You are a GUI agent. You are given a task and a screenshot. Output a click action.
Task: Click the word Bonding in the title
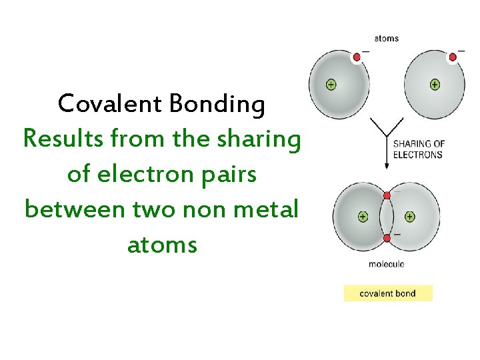coord(217,104)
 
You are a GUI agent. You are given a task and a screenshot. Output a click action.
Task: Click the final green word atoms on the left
coord(162,245)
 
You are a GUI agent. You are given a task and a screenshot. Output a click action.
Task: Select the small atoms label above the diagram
coord(387,38)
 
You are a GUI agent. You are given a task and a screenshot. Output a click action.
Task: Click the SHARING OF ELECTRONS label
coord(418,149)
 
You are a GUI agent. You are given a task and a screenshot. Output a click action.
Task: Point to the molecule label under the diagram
coord(387,264)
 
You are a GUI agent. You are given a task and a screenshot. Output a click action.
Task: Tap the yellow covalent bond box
coord(388,293)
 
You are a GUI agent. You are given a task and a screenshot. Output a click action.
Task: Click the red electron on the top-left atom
coord(357,57)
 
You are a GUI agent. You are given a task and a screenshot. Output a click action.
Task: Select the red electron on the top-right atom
coord(453,57)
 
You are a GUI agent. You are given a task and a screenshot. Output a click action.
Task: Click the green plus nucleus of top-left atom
coord(331,85)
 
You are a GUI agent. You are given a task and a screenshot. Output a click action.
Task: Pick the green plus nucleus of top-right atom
coord(435,85)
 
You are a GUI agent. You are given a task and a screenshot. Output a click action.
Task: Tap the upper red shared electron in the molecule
coord(387,195)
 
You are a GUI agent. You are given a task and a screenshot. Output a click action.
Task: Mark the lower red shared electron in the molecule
coord(387,238)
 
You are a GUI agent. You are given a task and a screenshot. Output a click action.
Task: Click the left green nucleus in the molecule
coord(363,217)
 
